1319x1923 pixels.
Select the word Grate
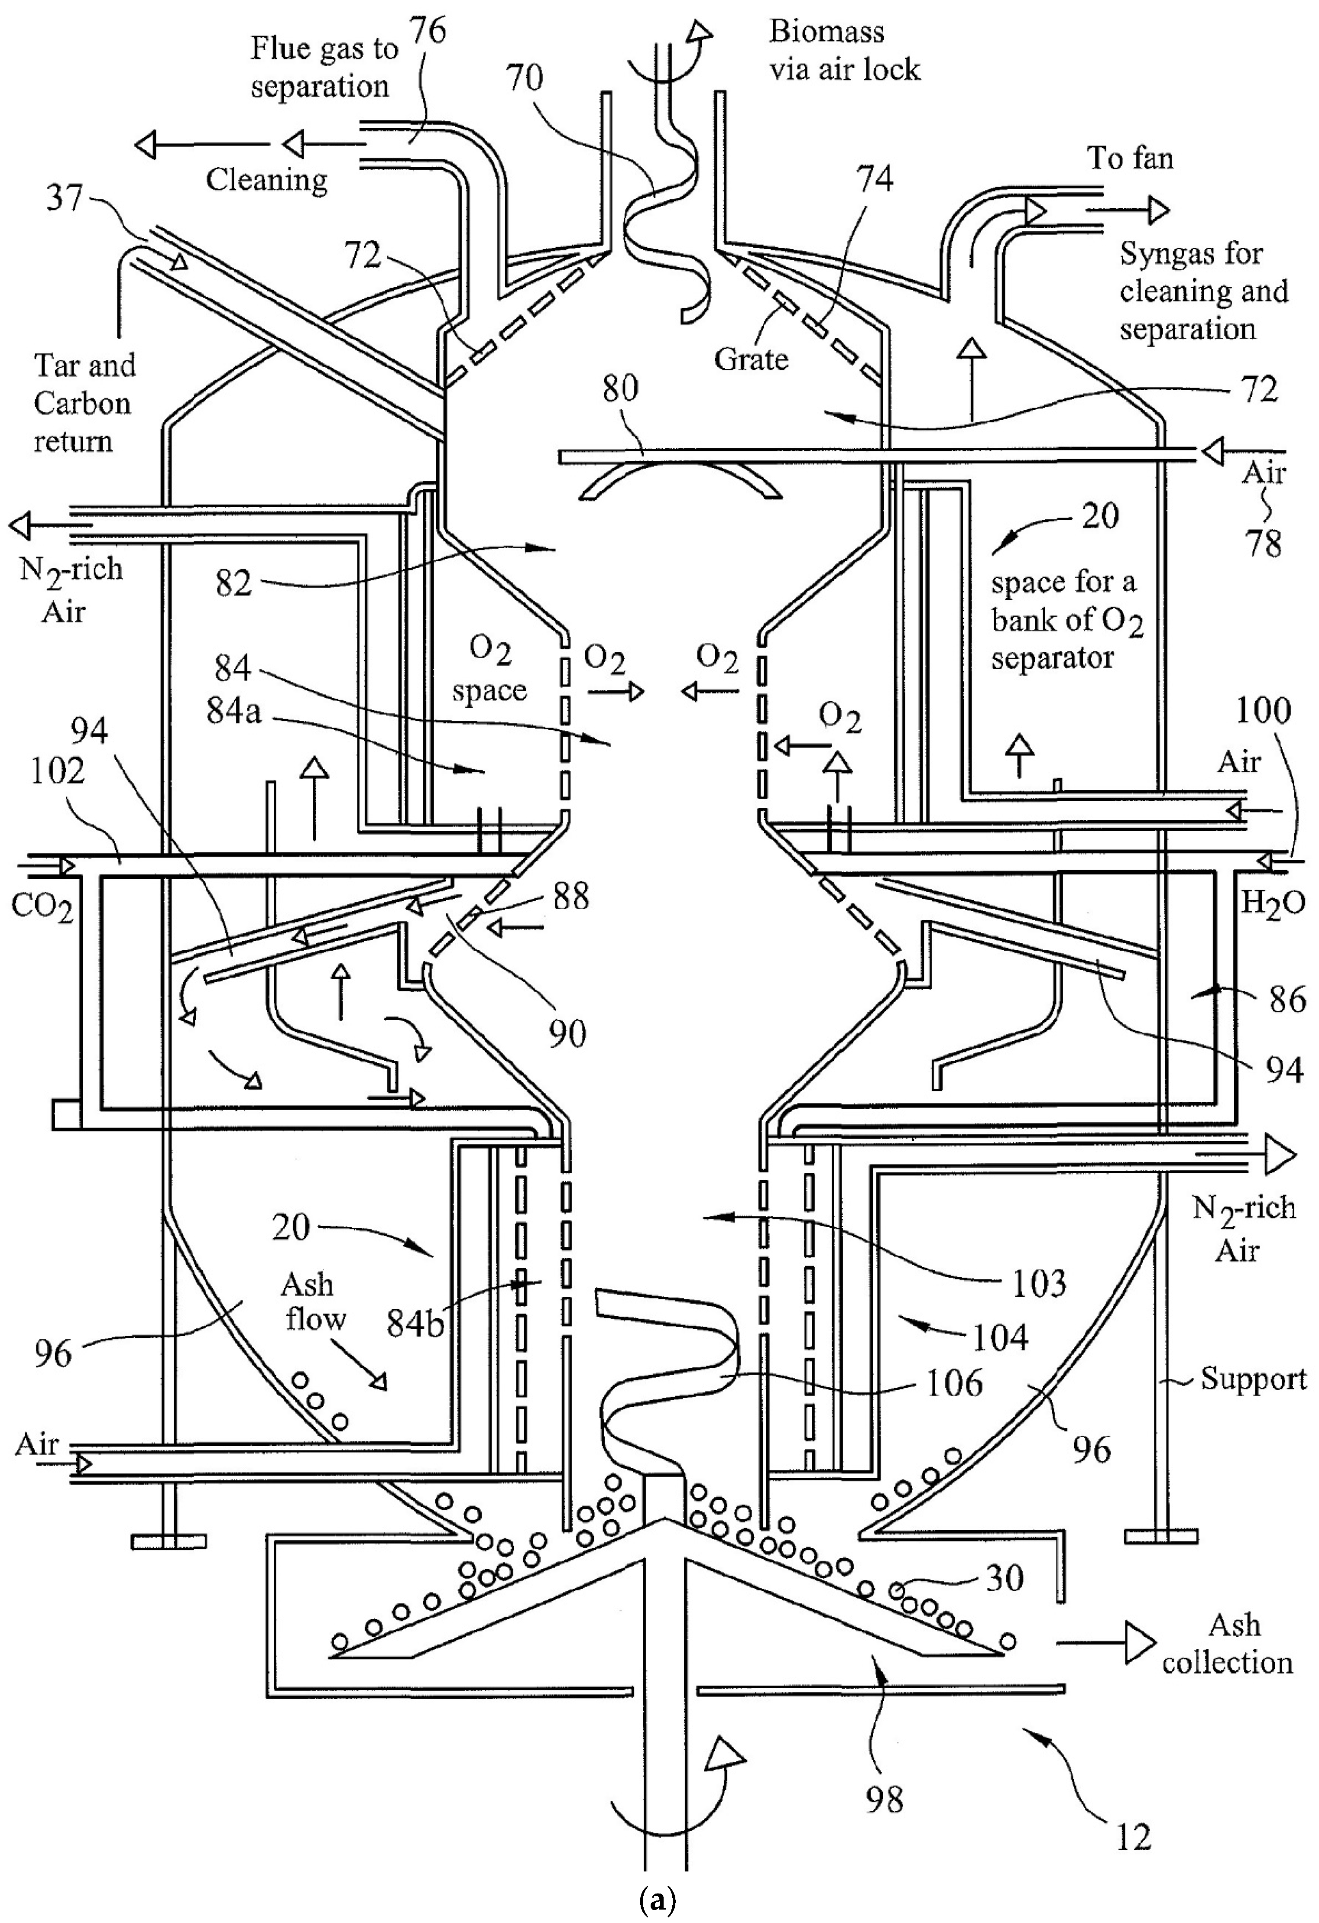[x=751, y=359]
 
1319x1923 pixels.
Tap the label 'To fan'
[x=1130, y=157]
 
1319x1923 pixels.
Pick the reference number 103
[x=1039, y=1283]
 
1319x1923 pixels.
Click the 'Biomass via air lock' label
[x=844, y=51]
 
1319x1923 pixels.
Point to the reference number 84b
[x=415, y=1324]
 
